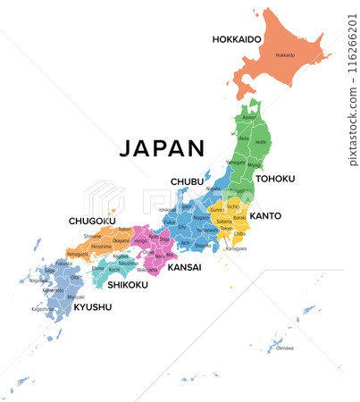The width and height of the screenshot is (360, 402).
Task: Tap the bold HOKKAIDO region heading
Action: pyautogui.click(x=237, y=39)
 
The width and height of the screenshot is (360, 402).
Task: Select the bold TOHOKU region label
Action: pyautogui.click(x=274, y=179)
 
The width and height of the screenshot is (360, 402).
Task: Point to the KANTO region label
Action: pyautogui.click(x=266, y=215)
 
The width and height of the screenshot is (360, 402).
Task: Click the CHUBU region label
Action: pyautogui.click(x=188, y=182)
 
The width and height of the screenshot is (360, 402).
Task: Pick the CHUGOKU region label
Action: pyautogui.click(x=92, y=221)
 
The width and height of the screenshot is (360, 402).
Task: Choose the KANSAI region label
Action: pyautogui.click(x=185, y=267)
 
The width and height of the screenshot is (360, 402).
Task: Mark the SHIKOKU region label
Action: pyautogui.click(x=129, y=285)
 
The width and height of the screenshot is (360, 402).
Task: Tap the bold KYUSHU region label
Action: pyautogui.click(x=93, y=306)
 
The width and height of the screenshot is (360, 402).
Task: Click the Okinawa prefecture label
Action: pyautogui.click(x=284, y=348)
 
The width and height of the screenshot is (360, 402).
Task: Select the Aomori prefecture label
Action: pyautogui.click(x=249, y=117)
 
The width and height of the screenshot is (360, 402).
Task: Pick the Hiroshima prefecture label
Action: pyautogui.click(x=101, y=247)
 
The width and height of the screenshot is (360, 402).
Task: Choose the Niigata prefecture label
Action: pyautogui.click(x=213, y=189)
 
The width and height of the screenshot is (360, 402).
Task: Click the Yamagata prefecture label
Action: pyautogui.click(x=235, y=162)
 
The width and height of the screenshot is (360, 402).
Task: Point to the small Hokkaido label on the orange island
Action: pyautogui.click(x=285, y=55)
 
